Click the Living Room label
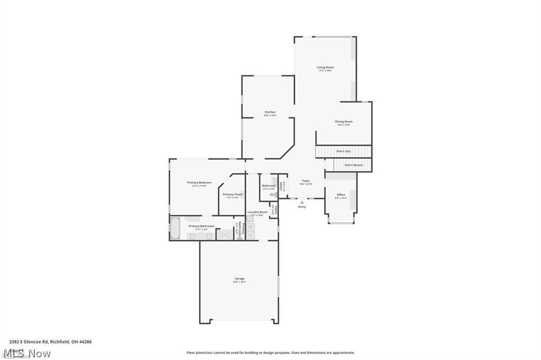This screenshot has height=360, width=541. pyautogui.click(x=325, y=68)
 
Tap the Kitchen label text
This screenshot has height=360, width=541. pyautogui.click(x=270, y=112)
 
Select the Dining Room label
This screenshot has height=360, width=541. pyautogui.click(x=344, y=122)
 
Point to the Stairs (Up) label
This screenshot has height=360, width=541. pyautogui.click(x=343, y=151)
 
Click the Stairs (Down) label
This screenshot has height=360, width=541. pyautogui.click(x=353, y=165)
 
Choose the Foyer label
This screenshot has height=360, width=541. pyautogui.click(x=305, y=181)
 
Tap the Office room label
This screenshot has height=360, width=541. pyautogui.click(x=341, y=195)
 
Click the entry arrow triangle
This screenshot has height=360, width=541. pyautogui.click(x=302, y=202)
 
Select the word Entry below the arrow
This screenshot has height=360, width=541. pyautogui.click(x=302, y=207)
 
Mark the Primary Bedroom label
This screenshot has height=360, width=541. pyautogui.click(x=199, y=183)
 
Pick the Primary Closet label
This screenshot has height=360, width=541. pyautogui.click(x=232, y=194)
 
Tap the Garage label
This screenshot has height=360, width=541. pyautogui.click(x=239, y=279)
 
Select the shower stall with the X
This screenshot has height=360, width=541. pyautogui.click(x=225, y=233)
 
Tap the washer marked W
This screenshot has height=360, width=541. pyautogui.click(x=250, y=227)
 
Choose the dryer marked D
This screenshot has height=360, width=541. pyautogui.click(x=250, y=235)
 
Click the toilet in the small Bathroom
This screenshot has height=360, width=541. pyautogui.click(x=273, y=195)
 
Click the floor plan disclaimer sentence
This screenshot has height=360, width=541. pyautogui.click(x=270, y=353)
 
